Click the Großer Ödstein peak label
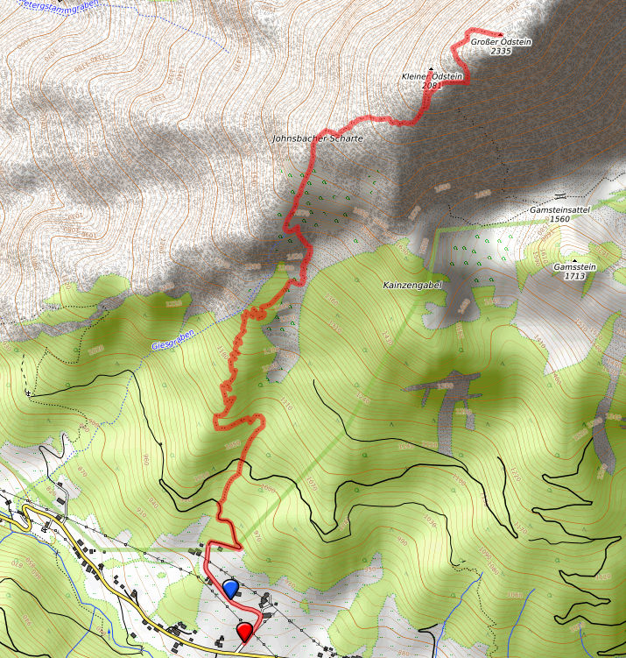pyautogui.click(x=501, y=41)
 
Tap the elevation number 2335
pyautogui.click(x=501, y=51)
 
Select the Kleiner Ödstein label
pyautogui.click(x=432, y=77)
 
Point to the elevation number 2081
pyautogui.click(x=432, y=86)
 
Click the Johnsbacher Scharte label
pyautogui.click(x=317, y=138)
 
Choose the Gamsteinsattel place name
pyautogui.click(x=560, y=210)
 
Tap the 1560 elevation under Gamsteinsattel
pyautogui.click(x=560, y=219)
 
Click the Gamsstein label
pyautogui.click(x=574, y=266)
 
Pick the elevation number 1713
pyautogui.click(x=574, y=276)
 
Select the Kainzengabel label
pyautogui.click(x=411, y=286)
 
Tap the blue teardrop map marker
pyautogui.click(x=231, y=588)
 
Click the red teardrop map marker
pyautogui.click(x=245, y=630)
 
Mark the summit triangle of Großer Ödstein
pyautogui.click(x=501, y=33)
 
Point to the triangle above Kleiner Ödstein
pyautogui.click(x=432, y=68)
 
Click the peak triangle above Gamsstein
pyautogui.click(x=574, y=259)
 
